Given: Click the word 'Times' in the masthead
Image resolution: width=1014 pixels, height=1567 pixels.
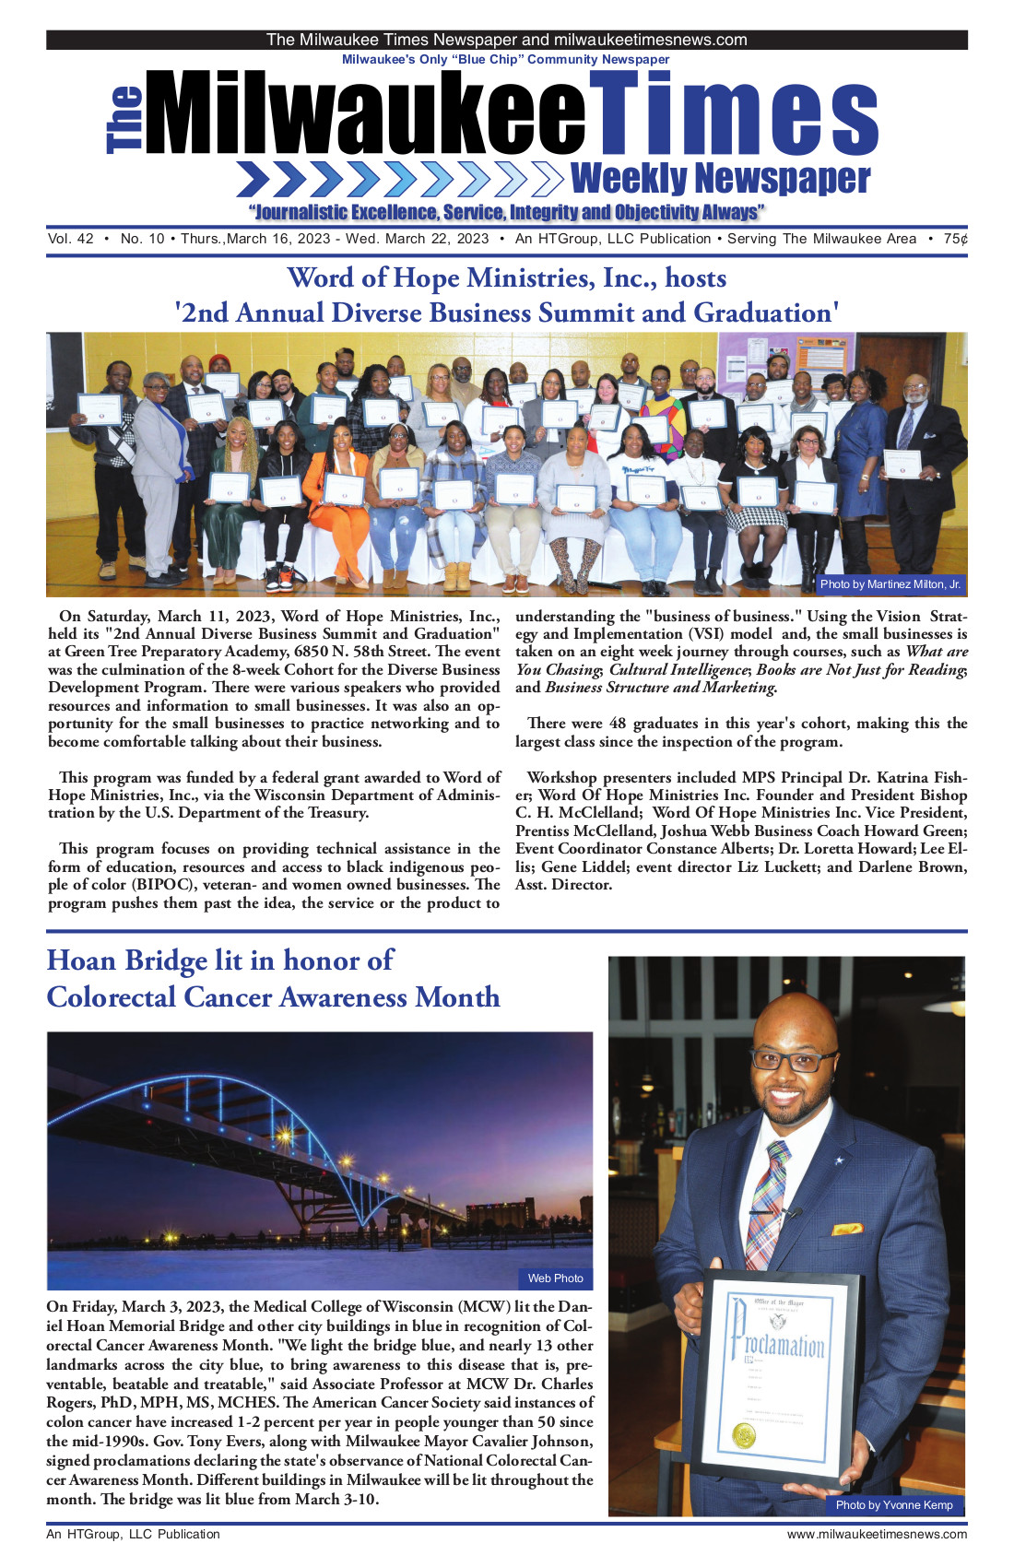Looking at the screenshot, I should point(733,115).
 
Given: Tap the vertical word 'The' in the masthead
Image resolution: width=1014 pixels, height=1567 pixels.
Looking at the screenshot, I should point(125,120).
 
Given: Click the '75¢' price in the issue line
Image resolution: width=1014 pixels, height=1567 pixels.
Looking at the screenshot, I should point(955,240).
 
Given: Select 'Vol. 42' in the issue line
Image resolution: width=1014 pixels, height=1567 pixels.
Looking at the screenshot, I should point(71,240).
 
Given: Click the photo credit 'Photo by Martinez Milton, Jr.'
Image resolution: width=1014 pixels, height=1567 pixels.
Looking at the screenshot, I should point(890,584).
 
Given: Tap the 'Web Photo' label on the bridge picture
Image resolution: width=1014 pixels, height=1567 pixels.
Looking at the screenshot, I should point(555,1278).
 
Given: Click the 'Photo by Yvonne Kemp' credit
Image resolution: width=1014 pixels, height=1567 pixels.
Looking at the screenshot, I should point(893,1505).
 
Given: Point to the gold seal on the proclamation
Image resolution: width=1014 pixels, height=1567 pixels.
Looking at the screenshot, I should point(744,1435).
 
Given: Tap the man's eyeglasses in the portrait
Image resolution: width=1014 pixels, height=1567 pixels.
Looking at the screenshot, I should point(793,1061).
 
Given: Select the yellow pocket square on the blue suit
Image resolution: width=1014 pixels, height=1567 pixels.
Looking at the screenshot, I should point(847,1229).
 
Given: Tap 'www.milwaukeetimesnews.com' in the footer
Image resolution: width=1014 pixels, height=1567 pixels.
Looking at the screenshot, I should point(877,1535).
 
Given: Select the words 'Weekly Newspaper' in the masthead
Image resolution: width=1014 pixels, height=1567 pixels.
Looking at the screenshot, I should point(720,179).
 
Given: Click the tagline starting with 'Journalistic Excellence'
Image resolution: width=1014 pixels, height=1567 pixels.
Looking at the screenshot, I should point(506,213).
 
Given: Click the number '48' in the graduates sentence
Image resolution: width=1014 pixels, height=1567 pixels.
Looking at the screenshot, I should point(618,724).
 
